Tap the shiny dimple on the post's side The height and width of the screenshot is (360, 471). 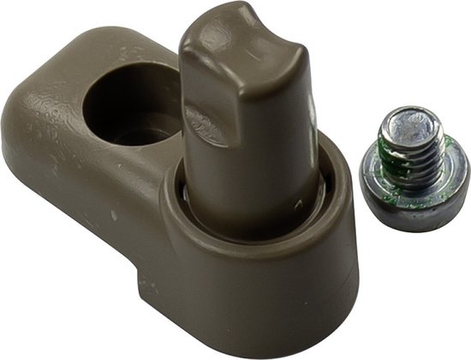206,124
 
